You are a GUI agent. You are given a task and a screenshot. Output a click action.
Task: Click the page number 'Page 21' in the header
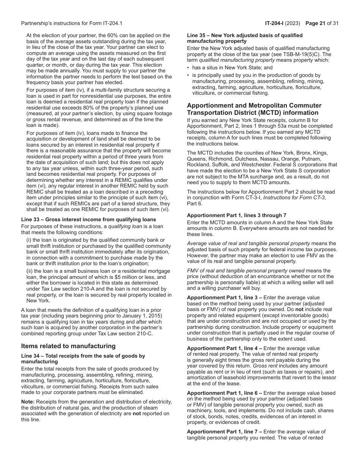[x=317, y=23]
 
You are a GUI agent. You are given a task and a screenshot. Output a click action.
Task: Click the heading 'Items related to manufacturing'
[x=68, y=346]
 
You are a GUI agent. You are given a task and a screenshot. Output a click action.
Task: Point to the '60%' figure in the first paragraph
[x=100, y=36]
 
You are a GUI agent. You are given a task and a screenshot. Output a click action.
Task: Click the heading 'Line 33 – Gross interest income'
[x=88, y=219]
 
